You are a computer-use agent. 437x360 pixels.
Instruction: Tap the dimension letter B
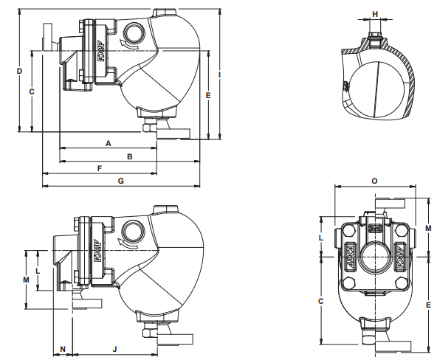(x=129, y=156)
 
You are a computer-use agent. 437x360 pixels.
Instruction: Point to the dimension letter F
(x=99, y=169)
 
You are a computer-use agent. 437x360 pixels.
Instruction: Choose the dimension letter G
(x=120, y=181)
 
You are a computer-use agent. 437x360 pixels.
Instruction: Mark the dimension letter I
(x=221, y=75)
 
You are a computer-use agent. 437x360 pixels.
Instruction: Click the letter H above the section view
(x=375, y=14)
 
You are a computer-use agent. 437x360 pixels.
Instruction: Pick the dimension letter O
(x=374, y=180)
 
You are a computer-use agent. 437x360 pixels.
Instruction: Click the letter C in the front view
(x=320, y=301)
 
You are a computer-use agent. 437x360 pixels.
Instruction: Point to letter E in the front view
(x=428, y=303)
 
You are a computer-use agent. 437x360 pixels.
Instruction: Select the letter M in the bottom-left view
(x=26, y=280)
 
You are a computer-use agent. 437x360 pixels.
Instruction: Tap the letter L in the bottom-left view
(x=38, y=270)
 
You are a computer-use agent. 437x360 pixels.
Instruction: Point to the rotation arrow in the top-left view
(x=128, y=47)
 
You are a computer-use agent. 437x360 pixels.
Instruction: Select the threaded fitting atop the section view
(x=375, y=34)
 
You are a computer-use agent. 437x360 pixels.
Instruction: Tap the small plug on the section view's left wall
(x=345, y=86)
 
